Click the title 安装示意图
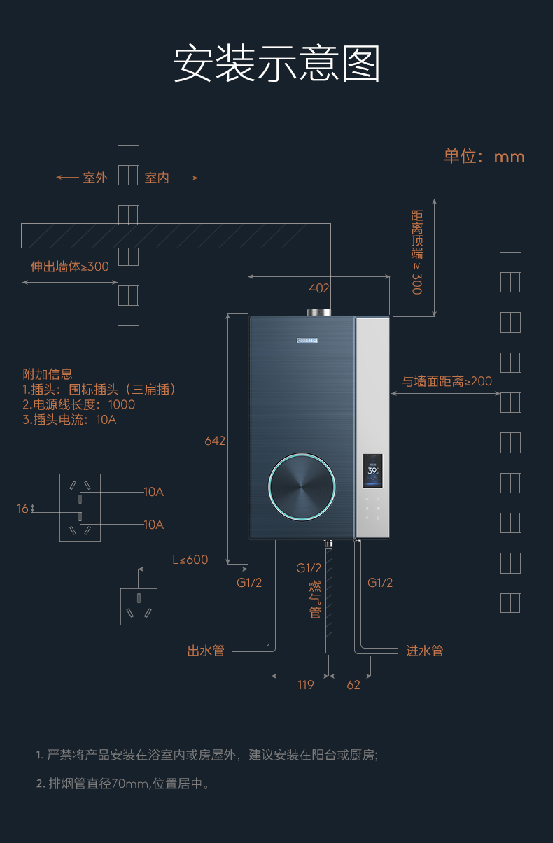(x=276, y=64)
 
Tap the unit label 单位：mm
(x=484, y=156)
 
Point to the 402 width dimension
(x=319, y=288)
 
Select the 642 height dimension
(x=215, y=441)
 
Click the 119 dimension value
(x=305, y=685)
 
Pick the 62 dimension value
(x=353, y=685)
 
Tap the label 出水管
(x=206, y=651)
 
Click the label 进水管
(x=425, y=651)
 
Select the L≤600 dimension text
(x=190, y=560)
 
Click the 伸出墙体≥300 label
(x=69, y=267)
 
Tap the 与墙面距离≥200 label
(x=447, y=381)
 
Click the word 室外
(x=95, y=178)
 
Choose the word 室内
(x=157, y=178)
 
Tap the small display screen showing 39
(x=373, y=470)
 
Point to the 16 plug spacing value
(x=23, y=509)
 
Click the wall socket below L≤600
(x=139, y=607)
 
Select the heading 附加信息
(x=48, y=374)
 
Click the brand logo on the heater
(x=306, y=341)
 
